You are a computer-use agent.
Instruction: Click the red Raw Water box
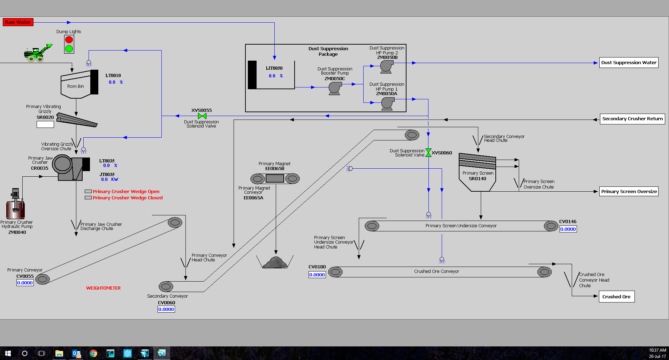[18, 22]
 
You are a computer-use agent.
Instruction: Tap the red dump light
[69, 40]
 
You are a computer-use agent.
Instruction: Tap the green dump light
[69, 49]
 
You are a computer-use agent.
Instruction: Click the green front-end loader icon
[38, 53]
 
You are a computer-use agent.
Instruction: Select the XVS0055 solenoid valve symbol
[202, 116]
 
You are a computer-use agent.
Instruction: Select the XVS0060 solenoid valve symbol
[428, 153]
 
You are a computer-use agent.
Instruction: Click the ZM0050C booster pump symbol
[335, 89]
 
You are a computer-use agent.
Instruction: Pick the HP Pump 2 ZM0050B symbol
[386, 66]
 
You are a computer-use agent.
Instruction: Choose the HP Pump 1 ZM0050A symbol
[387, 103]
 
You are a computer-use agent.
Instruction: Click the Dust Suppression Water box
[629, 63]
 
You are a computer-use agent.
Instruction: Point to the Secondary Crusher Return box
[632, 119]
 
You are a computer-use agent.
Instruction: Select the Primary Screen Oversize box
[629, 191]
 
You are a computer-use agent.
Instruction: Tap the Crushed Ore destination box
[616, 297]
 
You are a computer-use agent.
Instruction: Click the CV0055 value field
[25, 283]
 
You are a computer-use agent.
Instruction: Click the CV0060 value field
[166, 309]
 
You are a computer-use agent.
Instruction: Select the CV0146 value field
[568, 229]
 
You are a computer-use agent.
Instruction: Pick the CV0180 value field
[317, 275]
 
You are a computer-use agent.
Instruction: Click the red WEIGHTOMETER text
[103, 288]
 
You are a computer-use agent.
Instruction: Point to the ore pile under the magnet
[275, 262]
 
